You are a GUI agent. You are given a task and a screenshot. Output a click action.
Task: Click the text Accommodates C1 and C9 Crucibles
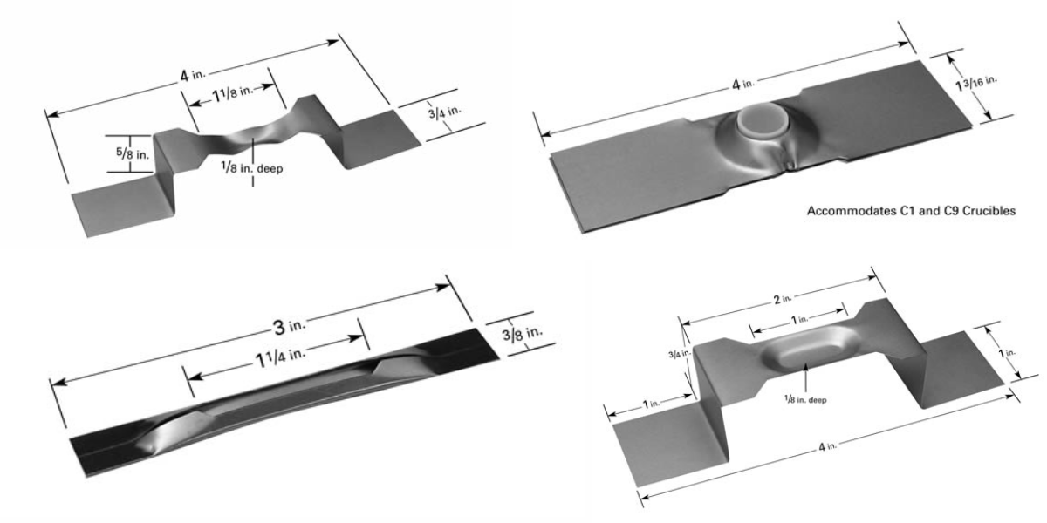(911, 211)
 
